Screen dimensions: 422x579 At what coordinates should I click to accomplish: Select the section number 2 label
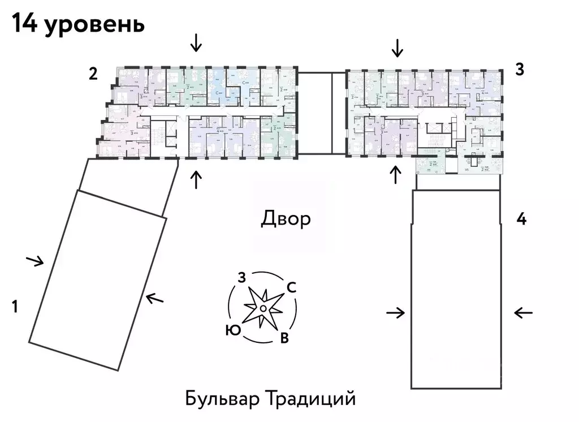point(93,73)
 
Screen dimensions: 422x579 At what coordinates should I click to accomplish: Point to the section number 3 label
point(520,70)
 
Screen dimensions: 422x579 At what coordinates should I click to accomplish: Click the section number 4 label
point(521,219)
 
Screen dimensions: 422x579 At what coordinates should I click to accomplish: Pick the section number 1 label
point(16,307)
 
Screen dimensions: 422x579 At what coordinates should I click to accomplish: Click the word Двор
point(286,219)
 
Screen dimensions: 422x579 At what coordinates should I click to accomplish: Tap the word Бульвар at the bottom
point(221,398)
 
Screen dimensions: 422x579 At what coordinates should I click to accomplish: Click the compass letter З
point(241,277)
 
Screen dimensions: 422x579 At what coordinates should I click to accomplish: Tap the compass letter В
point(285,338)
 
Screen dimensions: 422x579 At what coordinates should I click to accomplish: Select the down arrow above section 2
point(196,42)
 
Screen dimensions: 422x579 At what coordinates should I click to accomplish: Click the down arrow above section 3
point(397,48)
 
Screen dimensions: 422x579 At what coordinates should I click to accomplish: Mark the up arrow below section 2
point(196,179)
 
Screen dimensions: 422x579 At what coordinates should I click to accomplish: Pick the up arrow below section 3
point(395,175)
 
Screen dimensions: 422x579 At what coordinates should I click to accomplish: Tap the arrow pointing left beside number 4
point(524,312)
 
